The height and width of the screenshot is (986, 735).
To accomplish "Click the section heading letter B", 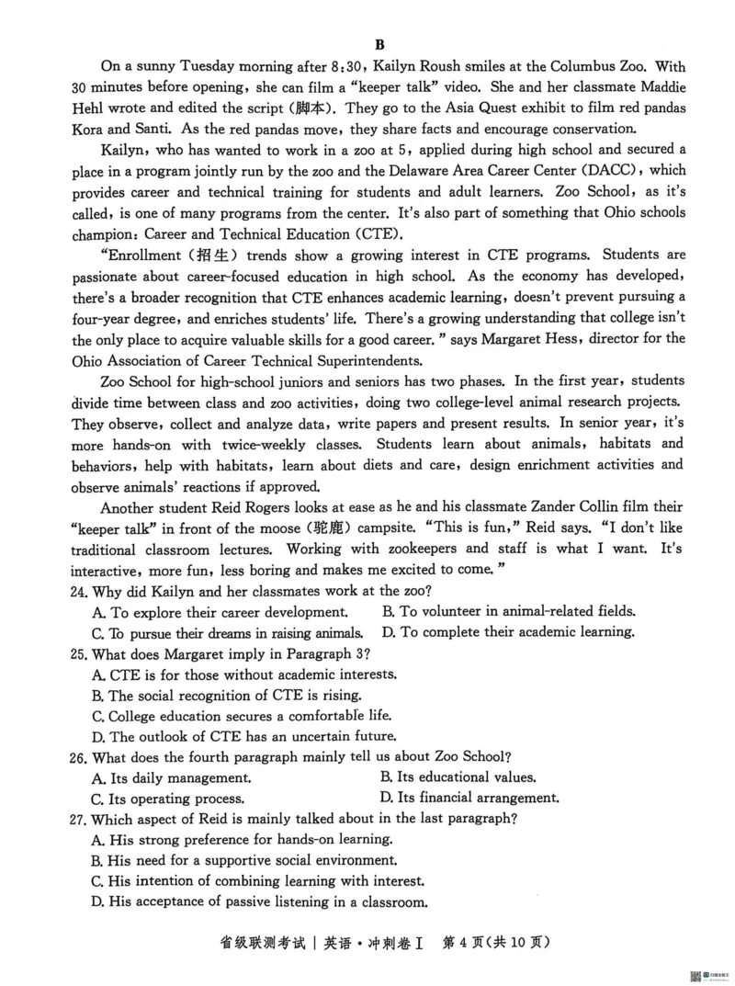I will click(x=379, y=43).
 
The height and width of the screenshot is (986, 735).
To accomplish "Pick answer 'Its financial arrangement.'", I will click(x=469, y=799).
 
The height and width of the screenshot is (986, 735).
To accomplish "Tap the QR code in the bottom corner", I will click(x=695, y=975).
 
